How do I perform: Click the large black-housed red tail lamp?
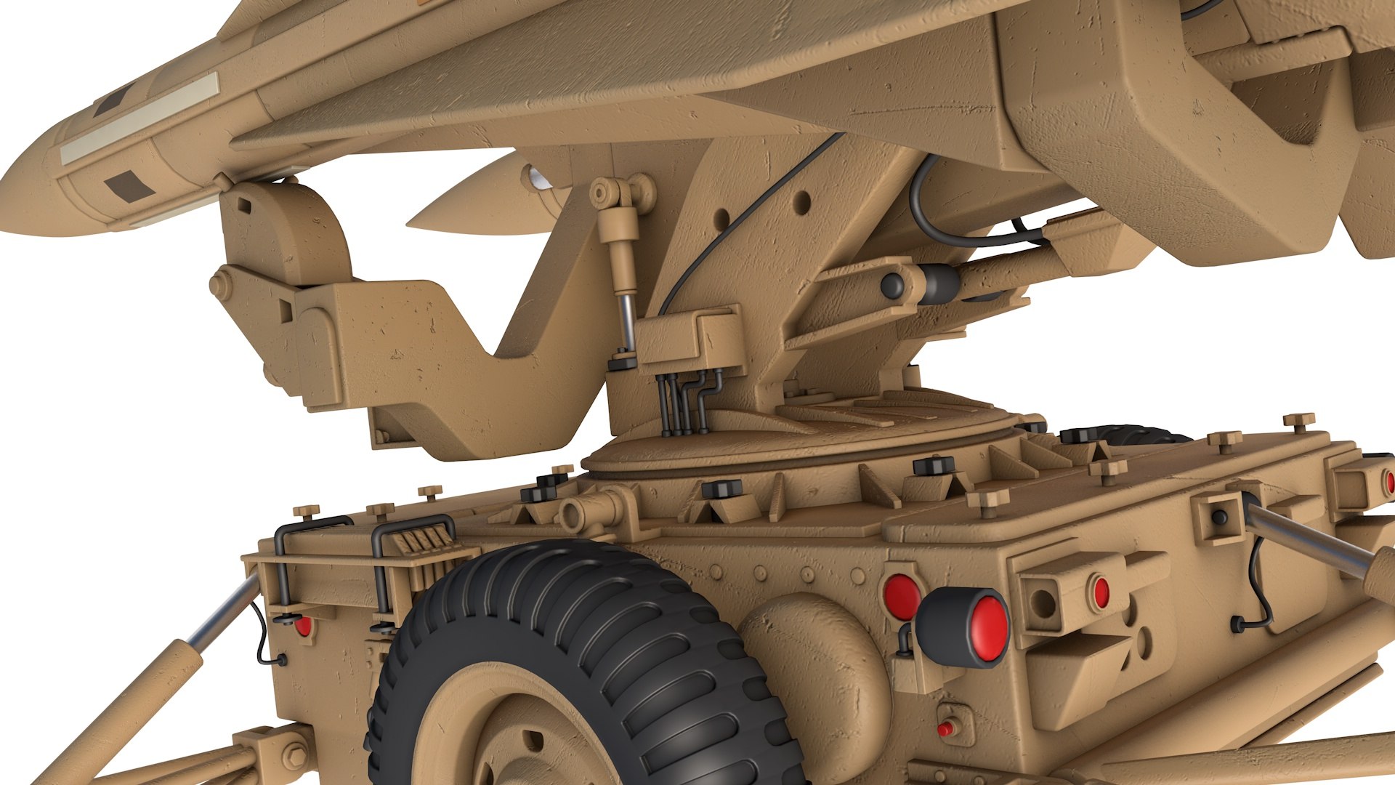pyautogui.click(x=963, y=627)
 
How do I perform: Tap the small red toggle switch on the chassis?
pyautogui.click(x=945, y=728)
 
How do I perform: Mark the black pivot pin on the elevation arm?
pyautogui.click(x=893, y=285)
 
